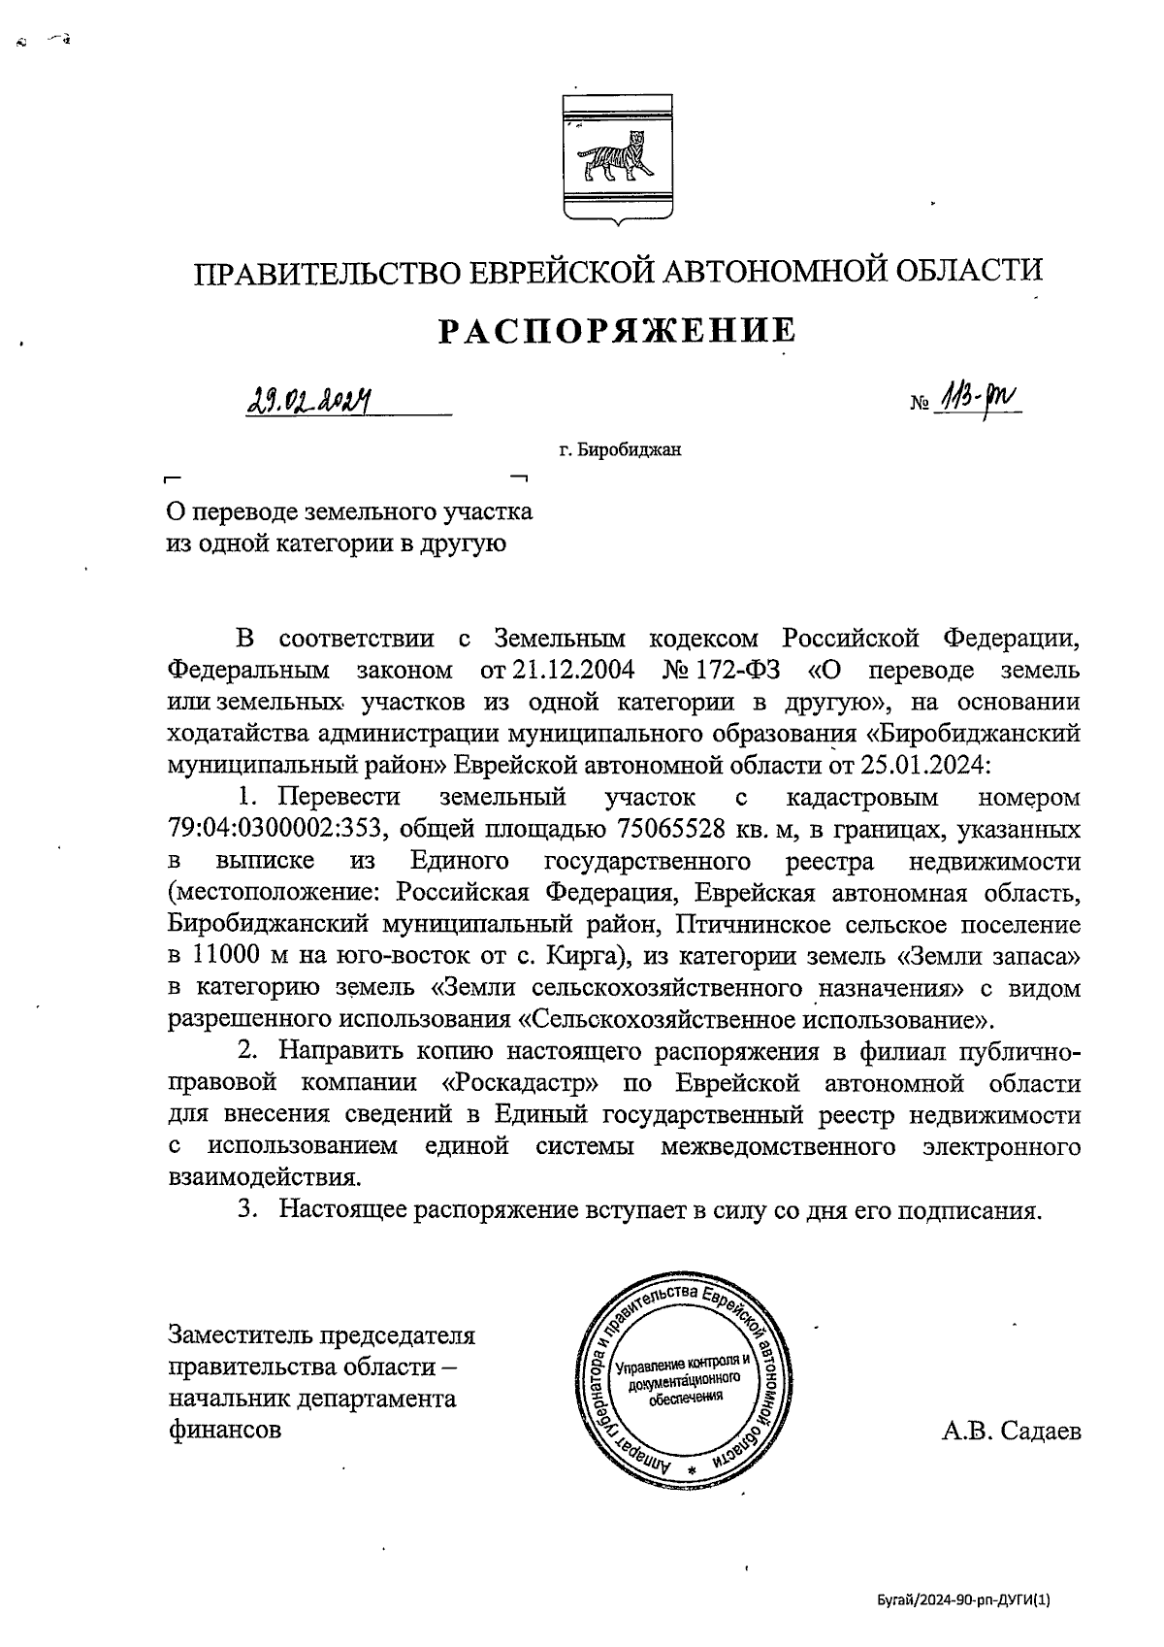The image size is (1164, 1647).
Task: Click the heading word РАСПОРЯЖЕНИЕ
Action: [x=618, y=331]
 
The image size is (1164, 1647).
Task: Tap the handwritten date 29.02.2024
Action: [x=309, y=397]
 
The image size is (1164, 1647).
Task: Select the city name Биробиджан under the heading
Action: [x=627, y=449]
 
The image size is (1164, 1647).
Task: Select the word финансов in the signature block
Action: [x=225, y=1430]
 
